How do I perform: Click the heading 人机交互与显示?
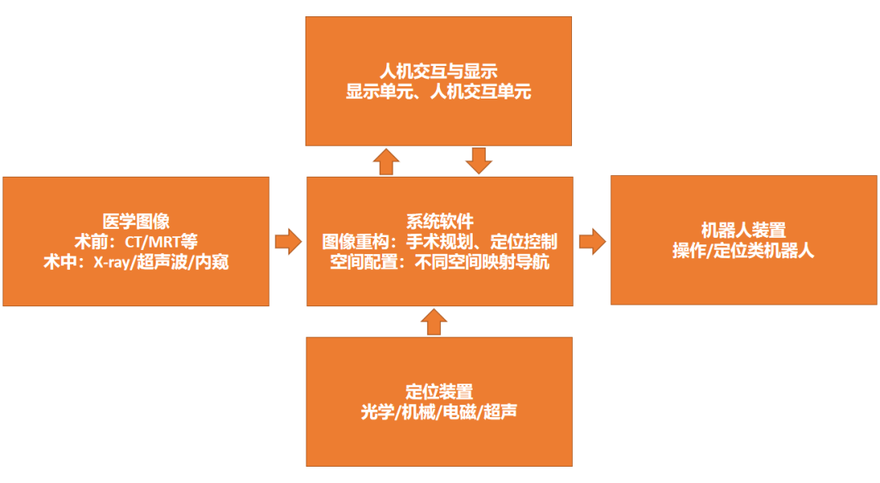point(438,71)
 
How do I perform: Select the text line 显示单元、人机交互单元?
point(438,91)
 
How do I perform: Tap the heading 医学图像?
point(136,221)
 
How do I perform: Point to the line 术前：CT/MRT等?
point(136,241)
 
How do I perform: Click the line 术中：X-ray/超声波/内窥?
point(136,262)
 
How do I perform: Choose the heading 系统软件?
point(439,221)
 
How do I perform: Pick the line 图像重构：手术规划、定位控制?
point(439,242)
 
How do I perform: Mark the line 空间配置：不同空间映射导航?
point(439,262)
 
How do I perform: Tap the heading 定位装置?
point(438,391)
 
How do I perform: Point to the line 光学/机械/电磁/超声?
point(438,411)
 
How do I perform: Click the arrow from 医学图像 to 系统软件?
point(288,241)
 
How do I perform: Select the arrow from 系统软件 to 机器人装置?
point(592,241)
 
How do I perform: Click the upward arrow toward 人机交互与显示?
point(386,161)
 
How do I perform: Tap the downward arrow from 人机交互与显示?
point(480,160)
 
